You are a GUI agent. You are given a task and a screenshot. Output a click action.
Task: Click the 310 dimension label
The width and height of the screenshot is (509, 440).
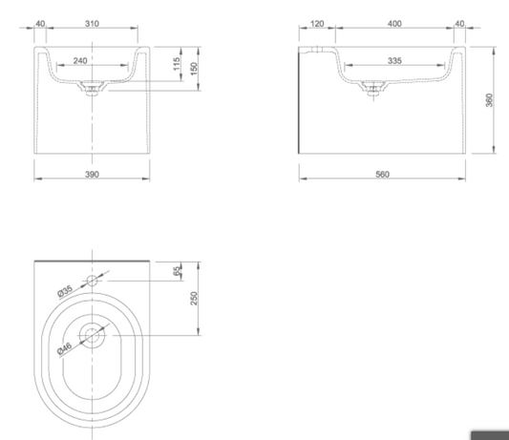[x=92, y=24]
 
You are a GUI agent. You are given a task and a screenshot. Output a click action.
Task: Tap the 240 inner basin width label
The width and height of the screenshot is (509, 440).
[x=80, y=61]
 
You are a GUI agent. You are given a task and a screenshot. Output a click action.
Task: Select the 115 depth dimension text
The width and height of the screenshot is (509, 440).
[x=177, y=64]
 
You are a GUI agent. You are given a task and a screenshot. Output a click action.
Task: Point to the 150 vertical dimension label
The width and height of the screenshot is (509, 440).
[x=194, y=69]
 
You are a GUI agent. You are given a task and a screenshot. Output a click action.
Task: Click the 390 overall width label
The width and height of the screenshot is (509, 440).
[x=92, y=175]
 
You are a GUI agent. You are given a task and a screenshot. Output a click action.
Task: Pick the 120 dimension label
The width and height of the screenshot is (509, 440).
[x=317, y=24]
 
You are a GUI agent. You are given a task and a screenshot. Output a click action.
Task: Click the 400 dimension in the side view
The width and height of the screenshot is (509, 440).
[x=394, y=24]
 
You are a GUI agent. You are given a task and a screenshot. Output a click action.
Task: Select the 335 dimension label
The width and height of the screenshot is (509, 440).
[x=394, y=61]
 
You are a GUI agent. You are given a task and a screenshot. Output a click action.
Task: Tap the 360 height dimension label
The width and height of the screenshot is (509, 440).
[x=489, y=100]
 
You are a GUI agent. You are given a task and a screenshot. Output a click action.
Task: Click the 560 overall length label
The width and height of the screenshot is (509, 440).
[x=382, y=175]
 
